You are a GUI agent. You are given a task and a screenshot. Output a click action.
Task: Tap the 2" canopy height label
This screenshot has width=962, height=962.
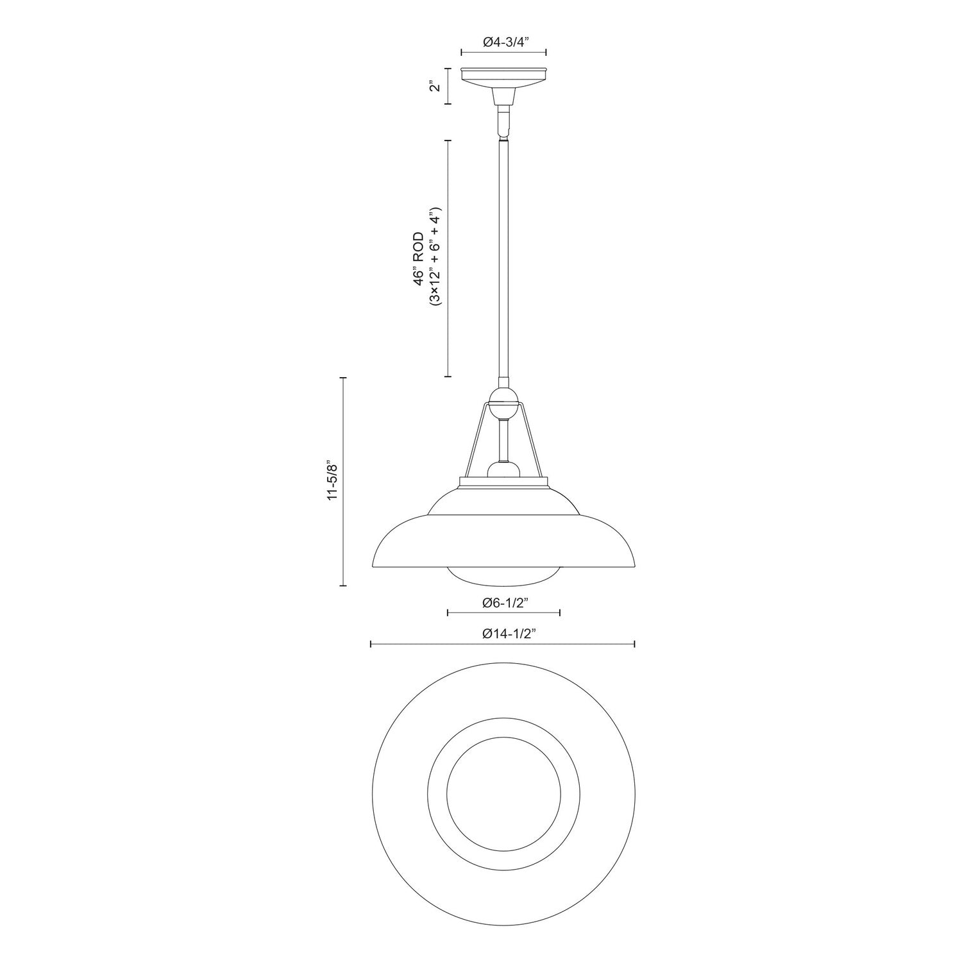[x=436, y=86]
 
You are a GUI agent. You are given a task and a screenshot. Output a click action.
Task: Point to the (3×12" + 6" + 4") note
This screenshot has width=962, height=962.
[x=435, y=258]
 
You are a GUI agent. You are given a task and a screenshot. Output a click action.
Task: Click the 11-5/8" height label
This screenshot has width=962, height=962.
[x=331, y=480]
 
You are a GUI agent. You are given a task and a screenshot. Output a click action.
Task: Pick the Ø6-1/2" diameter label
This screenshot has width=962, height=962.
[x=504, y=602]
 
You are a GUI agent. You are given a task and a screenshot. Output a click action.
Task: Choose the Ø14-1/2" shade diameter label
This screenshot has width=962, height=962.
[x=504, y=634]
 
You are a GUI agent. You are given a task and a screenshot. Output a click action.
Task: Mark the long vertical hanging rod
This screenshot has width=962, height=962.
[x=504, y=257]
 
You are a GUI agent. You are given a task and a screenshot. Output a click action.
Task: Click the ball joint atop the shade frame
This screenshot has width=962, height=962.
[x=504, y=398]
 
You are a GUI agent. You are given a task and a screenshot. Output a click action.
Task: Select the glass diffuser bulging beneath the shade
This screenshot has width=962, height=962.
[x=504, y=577]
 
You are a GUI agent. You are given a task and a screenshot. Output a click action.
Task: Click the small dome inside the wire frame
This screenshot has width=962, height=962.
[x=504, y=470]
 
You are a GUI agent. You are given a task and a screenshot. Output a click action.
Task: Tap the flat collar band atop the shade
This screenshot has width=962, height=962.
[x=504, y=483]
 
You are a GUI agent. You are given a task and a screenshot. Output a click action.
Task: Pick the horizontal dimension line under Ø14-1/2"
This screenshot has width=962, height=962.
[x=504, y=644]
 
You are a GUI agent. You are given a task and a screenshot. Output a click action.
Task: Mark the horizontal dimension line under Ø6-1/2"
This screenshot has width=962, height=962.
[x=504, y=613]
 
